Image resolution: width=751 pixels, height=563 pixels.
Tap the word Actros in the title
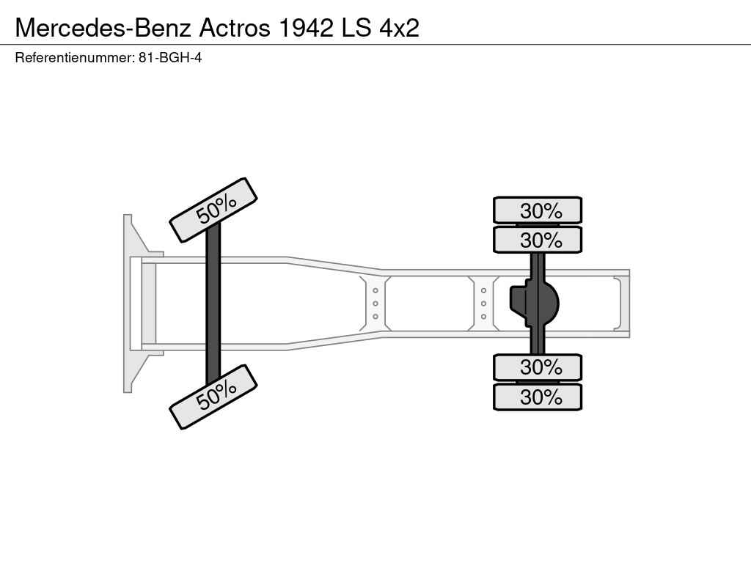pyautogui.click(x=235, y=28)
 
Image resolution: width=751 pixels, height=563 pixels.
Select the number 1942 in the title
pyautogui.click(x=306, y=28)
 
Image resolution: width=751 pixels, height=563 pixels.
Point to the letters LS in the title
pyautogui.click(x=356, y=28)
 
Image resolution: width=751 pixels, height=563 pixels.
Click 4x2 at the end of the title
pyautogui.click(x=399, y=28)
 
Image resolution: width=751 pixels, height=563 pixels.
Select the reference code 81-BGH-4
pyautogui.click(x=170, y=58)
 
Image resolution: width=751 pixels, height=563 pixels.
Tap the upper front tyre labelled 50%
pyautogui.click(x=213, y=210)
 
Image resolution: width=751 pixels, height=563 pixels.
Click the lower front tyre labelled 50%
pyautogui.click(x=213, y=397)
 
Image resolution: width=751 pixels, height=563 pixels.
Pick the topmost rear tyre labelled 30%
pyautogui.click(x=538, y=210)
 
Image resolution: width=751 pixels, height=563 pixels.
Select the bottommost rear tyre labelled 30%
pyautogui.click(x=538, y=397)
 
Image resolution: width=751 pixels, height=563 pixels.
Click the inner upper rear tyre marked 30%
pyautogui.click(x=538, y=240)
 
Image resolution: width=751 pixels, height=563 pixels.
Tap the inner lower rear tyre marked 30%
pyautogui.click(x=538, y=368)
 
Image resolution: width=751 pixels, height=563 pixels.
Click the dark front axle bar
pyautogui.click(x=213, y=303)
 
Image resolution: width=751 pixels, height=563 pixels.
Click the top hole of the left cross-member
pyautogui.click(x=375, y=290)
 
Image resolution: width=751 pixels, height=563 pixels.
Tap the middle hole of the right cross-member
pyautogui.click(x=484, y=303)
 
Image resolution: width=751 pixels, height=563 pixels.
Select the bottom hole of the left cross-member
pyautogui.click(x=375, y=317)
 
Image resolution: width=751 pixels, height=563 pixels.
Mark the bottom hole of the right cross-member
pyautogui.click(x=484, y=317)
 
